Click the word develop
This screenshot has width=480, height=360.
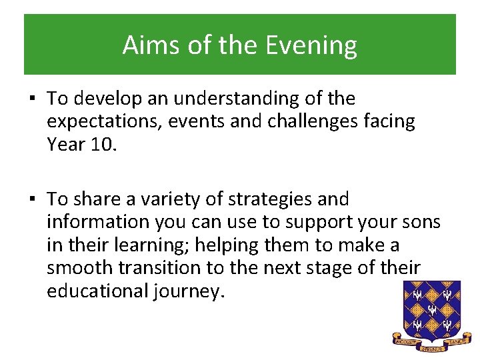(104, 99)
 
